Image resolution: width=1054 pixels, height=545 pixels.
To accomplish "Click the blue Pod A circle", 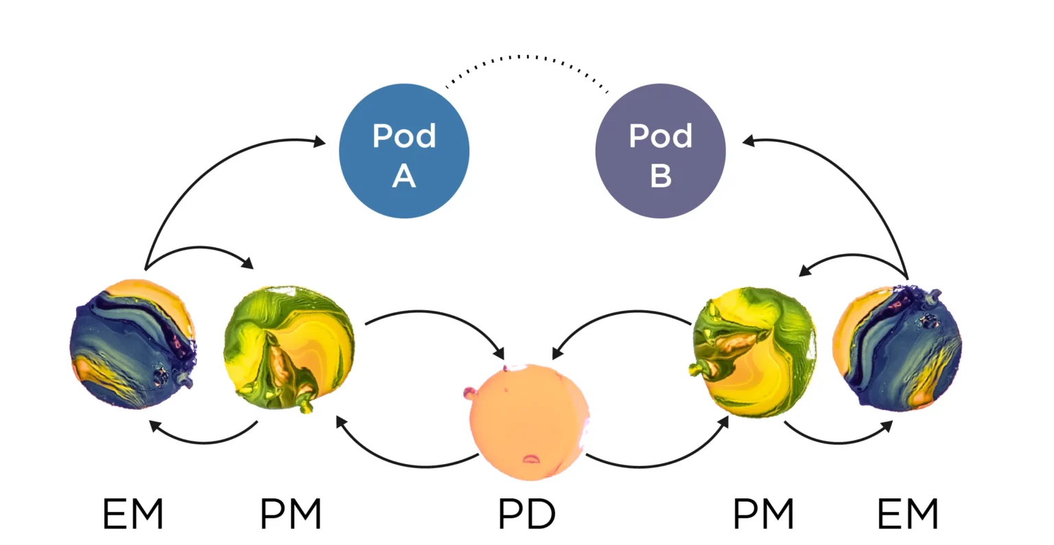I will click(x=403, y=150).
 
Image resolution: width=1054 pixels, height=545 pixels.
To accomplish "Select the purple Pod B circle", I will click(x=660, y=150).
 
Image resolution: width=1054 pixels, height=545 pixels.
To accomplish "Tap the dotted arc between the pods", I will click(x=527, y=57).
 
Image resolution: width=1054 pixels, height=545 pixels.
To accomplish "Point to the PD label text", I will click(x=526, y=514).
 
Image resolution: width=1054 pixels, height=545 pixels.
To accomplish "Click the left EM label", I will click(x=133, y=514).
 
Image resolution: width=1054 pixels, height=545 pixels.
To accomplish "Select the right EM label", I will click(x=907, y=514).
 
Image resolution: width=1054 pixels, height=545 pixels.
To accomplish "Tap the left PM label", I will click(x=291, y=514).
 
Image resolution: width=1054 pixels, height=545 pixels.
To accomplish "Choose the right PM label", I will click(x=763, y=514).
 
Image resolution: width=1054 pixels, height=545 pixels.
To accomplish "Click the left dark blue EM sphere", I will click(x=133, y=344).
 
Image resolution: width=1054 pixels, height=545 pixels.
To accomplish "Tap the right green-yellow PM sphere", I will click(x=753, y=351).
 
